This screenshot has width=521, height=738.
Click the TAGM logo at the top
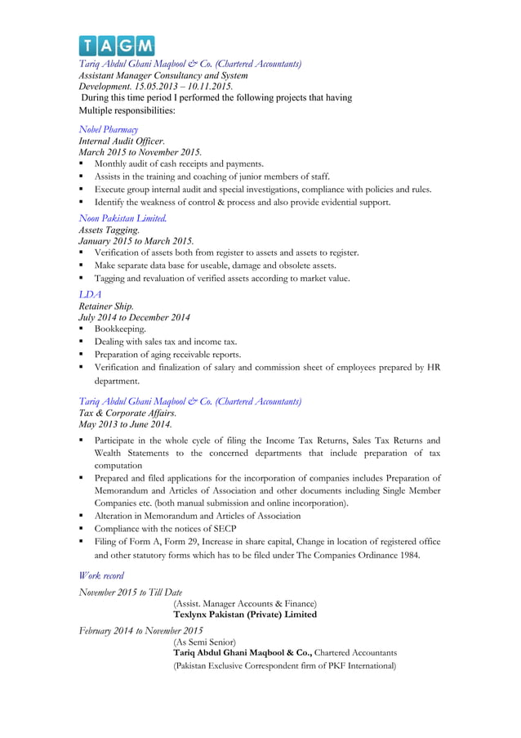coord(116,45)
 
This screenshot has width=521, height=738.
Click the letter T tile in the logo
coord(88,45)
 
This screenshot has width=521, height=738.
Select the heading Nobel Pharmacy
coord(108,129)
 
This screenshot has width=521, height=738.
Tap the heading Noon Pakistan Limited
coord(123,217)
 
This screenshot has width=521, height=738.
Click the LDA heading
coord(90,293)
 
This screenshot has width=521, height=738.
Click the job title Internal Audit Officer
coord(122,141)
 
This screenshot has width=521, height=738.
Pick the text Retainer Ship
coord(106,306)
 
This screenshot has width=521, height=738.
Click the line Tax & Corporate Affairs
coord(127,414)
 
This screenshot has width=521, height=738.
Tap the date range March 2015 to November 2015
coord(140,153)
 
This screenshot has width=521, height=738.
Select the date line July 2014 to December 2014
coord(134,317)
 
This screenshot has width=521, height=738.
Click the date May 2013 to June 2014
coord(125,425)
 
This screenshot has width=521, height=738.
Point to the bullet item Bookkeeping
coord(120,329)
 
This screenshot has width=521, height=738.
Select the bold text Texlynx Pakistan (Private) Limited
coord(245,614)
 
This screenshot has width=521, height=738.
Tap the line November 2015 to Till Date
coord(131,592)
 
